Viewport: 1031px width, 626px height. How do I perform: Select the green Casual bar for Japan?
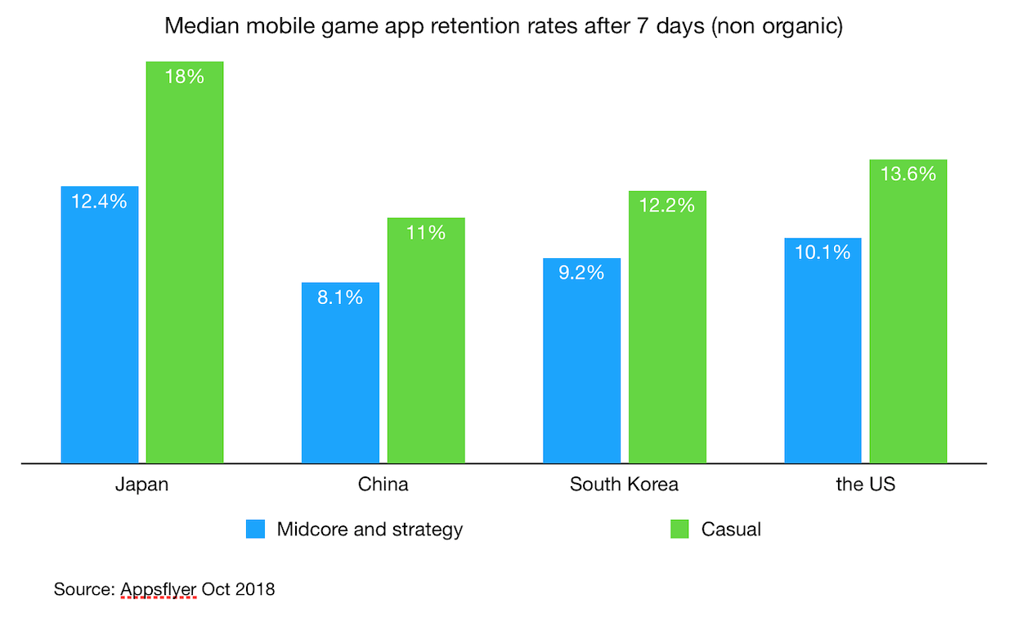click(x=185, y=262)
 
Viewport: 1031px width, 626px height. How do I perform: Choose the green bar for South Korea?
click(x=667, y=327)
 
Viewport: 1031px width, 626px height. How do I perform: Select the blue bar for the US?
click(x=823, y=351)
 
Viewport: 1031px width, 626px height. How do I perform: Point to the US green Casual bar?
click(x=908, y=311)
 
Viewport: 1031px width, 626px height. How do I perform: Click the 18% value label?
click(x=185, y=77)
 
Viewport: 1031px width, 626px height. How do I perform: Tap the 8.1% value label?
click(x=340, y=297)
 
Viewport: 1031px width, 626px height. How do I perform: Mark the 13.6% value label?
click(x=908, y=173)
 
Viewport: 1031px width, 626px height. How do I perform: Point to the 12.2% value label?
click(x=667, y=205)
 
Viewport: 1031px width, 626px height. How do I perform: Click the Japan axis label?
click(x=141, y=484)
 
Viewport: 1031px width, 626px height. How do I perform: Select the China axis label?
click(x=383, y=484)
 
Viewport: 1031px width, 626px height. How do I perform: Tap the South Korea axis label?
click(x=624, y=484)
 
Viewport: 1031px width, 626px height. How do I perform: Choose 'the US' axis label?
click(x=865, y=484)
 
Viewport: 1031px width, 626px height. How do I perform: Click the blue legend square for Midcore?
click(x=256, y=529)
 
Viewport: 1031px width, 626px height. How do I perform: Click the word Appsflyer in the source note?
click(x=159, y=588)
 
